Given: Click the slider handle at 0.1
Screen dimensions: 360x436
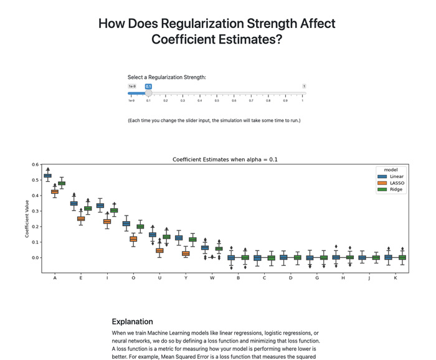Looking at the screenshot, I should point(148,93).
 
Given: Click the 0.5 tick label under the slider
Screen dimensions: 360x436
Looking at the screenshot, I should point(217,100).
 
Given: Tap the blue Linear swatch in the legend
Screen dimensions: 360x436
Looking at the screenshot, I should point(382,176).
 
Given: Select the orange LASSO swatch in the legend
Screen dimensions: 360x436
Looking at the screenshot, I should point(382,183).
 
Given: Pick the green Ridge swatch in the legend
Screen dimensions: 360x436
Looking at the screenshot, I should point(382,190).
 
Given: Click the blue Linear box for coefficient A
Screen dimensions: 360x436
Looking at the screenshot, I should point(47,176).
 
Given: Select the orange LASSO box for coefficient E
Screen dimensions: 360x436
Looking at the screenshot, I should point(81,219).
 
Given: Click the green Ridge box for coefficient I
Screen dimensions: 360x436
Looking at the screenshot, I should point(114,211).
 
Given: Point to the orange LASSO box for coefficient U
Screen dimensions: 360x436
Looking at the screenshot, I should point(159,250).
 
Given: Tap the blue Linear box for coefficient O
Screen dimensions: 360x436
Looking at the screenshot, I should point(126,224).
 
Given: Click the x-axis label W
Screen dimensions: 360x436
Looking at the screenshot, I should point(212,278).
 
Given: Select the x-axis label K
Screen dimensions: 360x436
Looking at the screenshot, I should point(396,278).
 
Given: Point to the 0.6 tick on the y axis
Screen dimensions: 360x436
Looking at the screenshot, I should point(35,164).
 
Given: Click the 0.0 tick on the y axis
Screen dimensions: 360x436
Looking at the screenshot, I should point(35,257).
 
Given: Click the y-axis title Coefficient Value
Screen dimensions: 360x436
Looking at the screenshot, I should point(27,219).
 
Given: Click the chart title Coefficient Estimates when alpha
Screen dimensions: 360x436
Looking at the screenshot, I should point(225,159).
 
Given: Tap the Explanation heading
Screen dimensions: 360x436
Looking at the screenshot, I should point(132,321).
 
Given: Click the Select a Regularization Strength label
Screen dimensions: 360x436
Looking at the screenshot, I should point(166,77).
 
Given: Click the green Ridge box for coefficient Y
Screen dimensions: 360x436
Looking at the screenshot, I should point(192,239).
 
